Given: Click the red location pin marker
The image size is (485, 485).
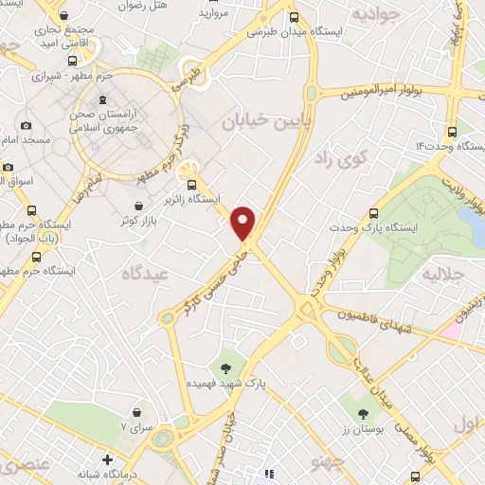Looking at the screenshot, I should pyautogui.click(x=243, y=222).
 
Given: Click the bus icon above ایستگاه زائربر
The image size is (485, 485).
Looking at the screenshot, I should pyautogui.click(x=194, y=185).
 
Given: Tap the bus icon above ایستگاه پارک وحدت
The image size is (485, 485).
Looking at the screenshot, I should pyautogui.click(x=374, y=214).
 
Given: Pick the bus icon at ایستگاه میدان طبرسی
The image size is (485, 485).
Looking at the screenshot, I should pyautogui.click(x=296, y=16).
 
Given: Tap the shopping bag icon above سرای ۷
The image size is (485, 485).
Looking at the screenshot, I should pyautogui.click(x=139, y=412).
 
